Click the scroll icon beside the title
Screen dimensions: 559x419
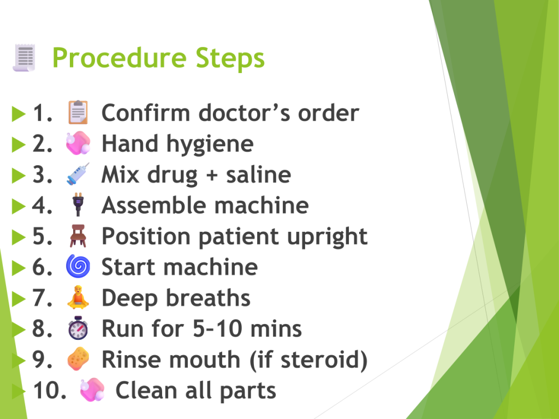(24, 58)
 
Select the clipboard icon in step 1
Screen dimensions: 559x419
(78, 112)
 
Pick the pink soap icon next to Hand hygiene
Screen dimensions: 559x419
(78, 143)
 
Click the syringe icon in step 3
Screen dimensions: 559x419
(78, 174)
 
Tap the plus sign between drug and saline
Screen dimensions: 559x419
(212, 175)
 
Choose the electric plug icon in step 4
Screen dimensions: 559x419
(78, 205)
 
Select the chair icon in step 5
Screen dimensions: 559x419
(78, 236)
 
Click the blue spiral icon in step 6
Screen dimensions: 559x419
(78, 266)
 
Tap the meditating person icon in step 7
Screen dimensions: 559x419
(78, 297)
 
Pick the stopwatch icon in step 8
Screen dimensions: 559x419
(78, 328)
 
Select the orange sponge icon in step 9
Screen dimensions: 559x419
(78, 358)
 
